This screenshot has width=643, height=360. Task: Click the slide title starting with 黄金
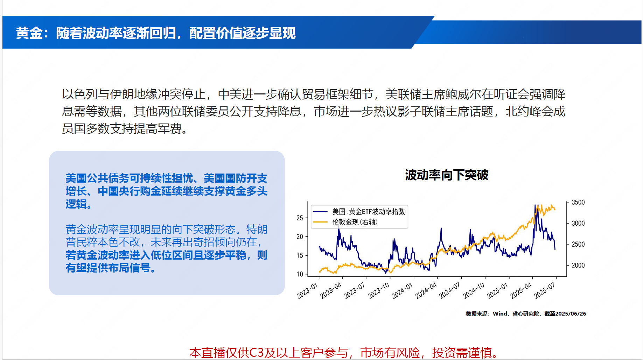pos(156,33)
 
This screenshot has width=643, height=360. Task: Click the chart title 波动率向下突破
pos(447,175)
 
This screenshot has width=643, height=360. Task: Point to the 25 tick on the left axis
pos(300,218)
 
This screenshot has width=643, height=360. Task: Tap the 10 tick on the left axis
pos(300,274)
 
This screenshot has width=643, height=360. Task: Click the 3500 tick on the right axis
pos(578,202)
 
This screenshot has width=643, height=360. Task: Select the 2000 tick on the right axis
pos(578,265)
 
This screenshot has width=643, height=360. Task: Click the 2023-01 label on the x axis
pos(307,291)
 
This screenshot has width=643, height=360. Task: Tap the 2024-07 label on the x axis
pos(449,291)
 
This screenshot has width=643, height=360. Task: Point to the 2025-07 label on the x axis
pos(544,291)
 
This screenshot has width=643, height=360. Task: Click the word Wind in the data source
pos(500,314)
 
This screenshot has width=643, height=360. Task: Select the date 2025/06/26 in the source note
pos(571,314)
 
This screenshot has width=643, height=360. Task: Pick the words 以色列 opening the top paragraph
pos(80,94)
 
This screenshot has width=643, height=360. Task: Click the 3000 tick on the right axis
pos(578,223)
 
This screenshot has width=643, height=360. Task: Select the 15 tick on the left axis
pos(300,255)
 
